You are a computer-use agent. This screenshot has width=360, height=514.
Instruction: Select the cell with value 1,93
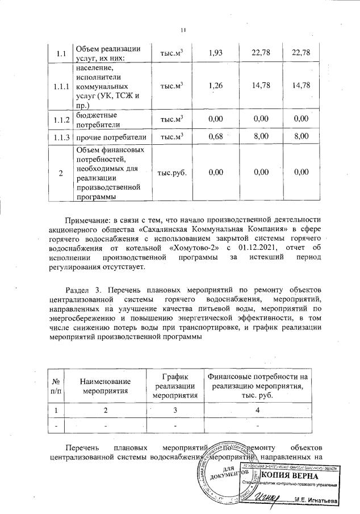click(x=215, y=53)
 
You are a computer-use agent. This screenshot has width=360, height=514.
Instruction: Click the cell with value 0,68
click(x=215, y=136)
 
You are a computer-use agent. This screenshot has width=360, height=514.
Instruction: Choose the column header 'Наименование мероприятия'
click(x=105, y=386)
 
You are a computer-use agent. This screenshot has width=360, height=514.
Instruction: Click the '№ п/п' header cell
click(x=56, y=386)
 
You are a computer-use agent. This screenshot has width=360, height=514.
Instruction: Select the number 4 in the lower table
click(x=258, y=409)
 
